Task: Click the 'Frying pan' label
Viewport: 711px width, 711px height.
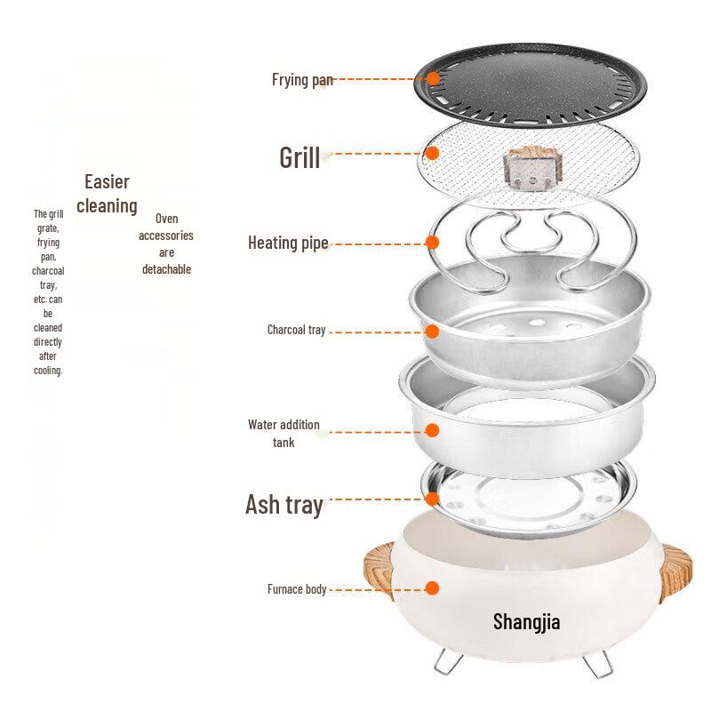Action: [x=302, y=80]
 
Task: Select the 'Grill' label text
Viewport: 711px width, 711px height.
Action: [x=300, y=157]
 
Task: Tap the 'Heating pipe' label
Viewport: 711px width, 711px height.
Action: [x=288, y=243]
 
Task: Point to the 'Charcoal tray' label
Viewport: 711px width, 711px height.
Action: [x=297, y=330]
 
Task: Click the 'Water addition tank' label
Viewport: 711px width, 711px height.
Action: [x=284, y=433]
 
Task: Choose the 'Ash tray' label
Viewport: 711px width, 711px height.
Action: [x=284, y=505]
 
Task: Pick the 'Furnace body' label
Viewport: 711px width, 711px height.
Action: [x=297, y=588]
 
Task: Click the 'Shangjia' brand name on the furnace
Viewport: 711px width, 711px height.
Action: [x=526, y=620]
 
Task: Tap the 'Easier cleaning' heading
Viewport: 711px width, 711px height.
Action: [x=107, y=194]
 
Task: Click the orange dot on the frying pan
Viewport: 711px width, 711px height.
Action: [x=433, y=78]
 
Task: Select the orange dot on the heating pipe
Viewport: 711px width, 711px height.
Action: [x=433, y=242]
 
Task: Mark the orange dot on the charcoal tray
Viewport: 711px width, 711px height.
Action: [x=433, y=331]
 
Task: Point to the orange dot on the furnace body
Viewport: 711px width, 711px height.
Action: [x=433, y=588]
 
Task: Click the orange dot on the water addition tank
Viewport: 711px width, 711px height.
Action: [x=433, y=431]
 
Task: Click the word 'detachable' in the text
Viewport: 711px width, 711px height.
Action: [x=166, y=269]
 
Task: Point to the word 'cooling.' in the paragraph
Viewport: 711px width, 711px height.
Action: [x=48, y=371]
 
